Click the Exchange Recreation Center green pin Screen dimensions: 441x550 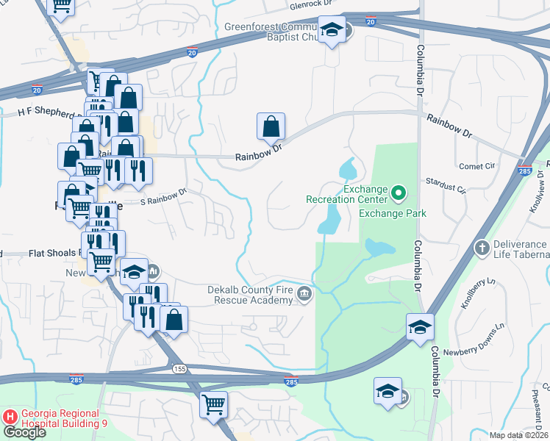pos(399,194)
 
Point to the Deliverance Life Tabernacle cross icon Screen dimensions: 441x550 pos(482,246)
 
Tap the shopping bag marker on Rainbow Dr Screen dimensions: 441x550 pos(271,127)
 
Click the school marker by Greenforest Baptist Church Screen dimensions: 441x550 pos(332,30)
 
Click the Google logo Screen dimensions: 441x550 pos(24,432)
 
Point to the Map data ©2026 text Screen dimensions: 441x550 pos(518,435)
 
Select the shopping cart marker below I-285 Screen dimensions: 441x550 pos(213,404)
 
